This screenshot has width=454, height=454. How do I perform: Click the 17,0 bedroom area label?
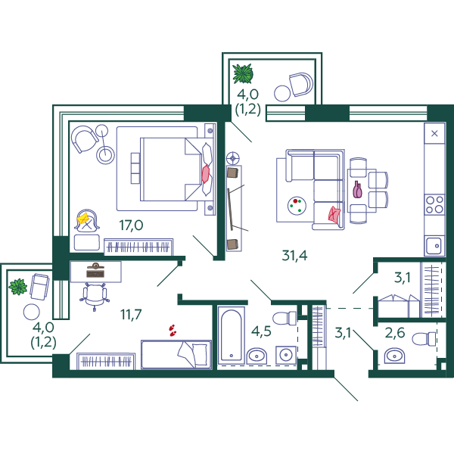(131, 225)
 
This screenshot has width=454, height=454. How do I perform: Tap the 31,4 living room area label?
(294, 256)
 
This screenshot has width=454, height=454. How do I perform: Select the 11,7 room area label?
(131, 315)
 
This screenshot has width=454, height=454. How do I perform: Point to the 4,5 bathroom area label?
(261, 331)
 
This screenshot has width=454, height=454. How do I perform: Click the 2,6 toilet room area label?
(395, 333)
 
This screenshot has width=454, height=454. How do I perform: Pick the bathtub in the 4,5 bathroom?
(231, 334)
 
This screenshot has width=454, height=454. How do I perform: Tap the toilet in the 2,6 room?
(424, 339)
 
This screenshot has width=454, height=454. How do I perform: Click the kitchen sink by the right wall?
(434, 246)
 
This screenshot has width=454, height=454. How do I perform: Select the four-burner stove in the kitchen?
(434, 204)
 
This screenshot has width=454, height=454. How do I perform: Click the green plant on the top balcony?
(243, 73)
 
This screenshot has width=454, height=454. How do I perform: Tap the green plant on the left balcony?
(18, 287)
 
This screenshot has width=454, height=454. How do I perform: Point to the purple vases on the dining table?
(357, 190)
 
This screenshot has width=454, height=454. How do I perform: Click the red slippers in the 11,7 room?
(173, 331)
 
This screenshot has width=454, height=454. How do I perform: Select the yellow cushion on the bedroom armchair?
(83, 219)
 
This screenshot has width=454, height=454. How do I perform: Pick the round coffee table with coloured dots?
(297, 206)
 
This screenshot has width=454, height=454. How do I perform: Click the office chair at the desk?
(95, 296)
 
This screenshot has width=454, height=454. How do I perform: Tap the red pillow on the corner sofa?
(334, 215)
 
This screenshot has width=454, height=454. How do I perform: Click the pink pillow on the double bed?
(205, 174)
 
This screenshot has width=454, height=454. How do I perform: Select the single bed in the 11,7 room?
(176, 355)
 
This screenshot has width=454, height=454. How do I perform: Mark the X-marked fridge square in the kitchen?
(434, 133)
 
